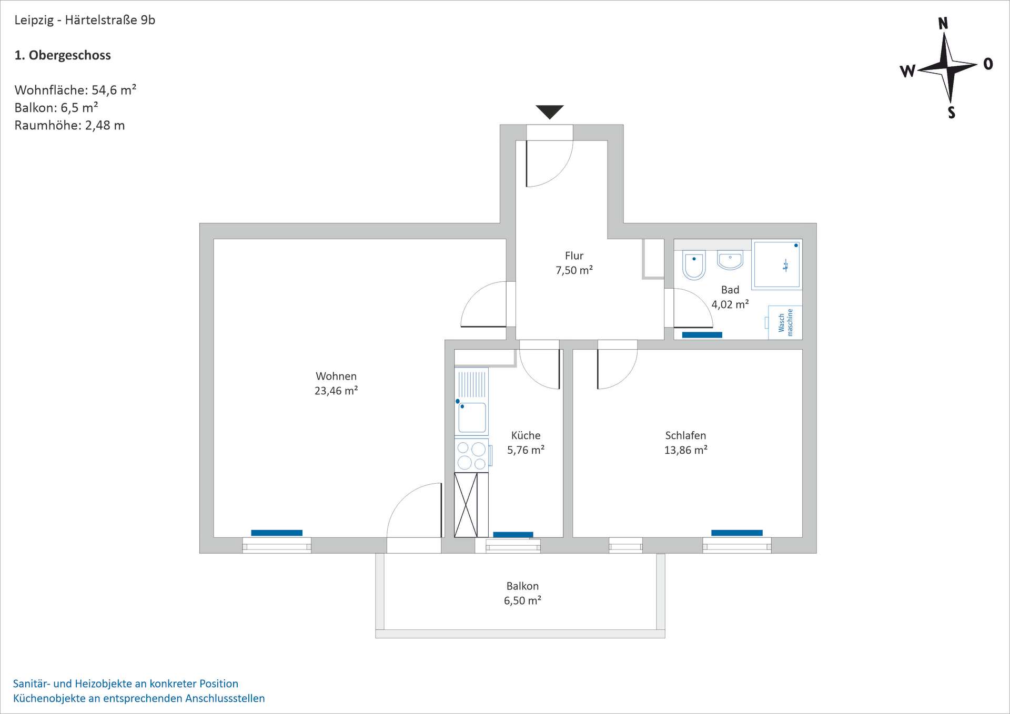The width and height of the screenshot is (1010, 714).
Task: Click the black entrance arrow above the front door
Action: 549,111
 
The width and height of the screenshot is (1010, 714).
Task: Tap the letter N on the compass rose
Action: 943,24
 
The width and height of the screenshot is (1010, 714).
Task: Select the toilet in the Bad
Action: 693,265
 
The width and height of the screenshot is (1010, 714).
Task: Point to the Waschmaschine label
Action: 785,322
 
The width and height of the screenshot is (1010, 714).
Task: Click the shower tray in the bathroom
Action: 776,265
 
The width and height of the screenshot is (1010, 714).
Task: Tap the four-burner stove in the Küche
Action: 471,455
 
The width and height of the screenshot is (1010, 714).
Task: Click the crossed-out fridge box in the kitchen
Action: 466,505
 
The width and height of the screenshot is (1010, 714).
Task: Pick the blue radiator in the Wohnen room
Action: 277,533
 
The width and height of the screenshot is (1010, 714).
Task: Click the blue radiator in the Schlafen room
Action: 736,533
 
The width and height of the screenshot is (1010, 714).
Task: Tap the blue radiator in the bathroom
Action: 702,335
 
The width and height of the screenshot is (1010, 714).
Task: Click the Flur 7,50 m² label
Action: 574,263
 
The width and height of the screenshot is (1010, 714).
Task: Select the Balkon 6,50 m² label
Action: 522,593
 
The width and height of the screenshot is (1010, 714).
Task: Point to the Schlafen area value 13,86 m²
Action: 685,450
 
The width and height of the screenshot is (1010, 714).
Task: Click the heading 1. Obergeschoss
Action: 63,55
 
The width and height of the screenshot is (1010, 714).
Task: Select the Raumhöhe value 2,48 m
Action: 105,125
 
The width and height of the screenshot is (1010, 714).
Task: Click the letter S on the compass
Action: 951,113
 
